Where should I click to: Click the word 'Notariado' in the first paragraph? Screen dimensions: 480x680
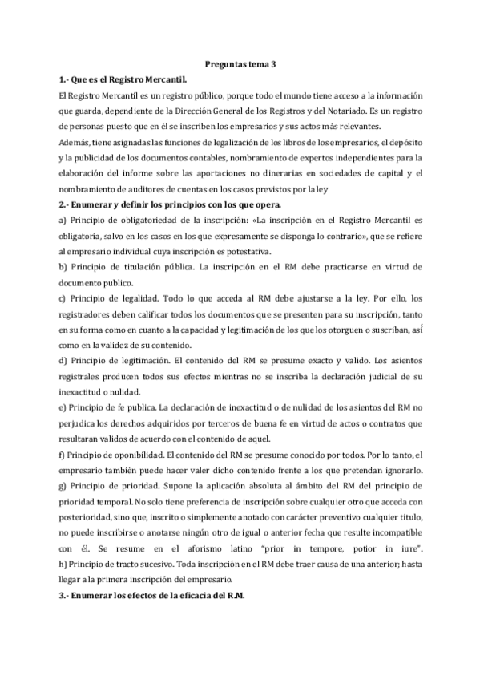(342, 110)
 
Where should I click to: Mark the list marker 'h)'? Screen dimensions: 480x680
(64, 564)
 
